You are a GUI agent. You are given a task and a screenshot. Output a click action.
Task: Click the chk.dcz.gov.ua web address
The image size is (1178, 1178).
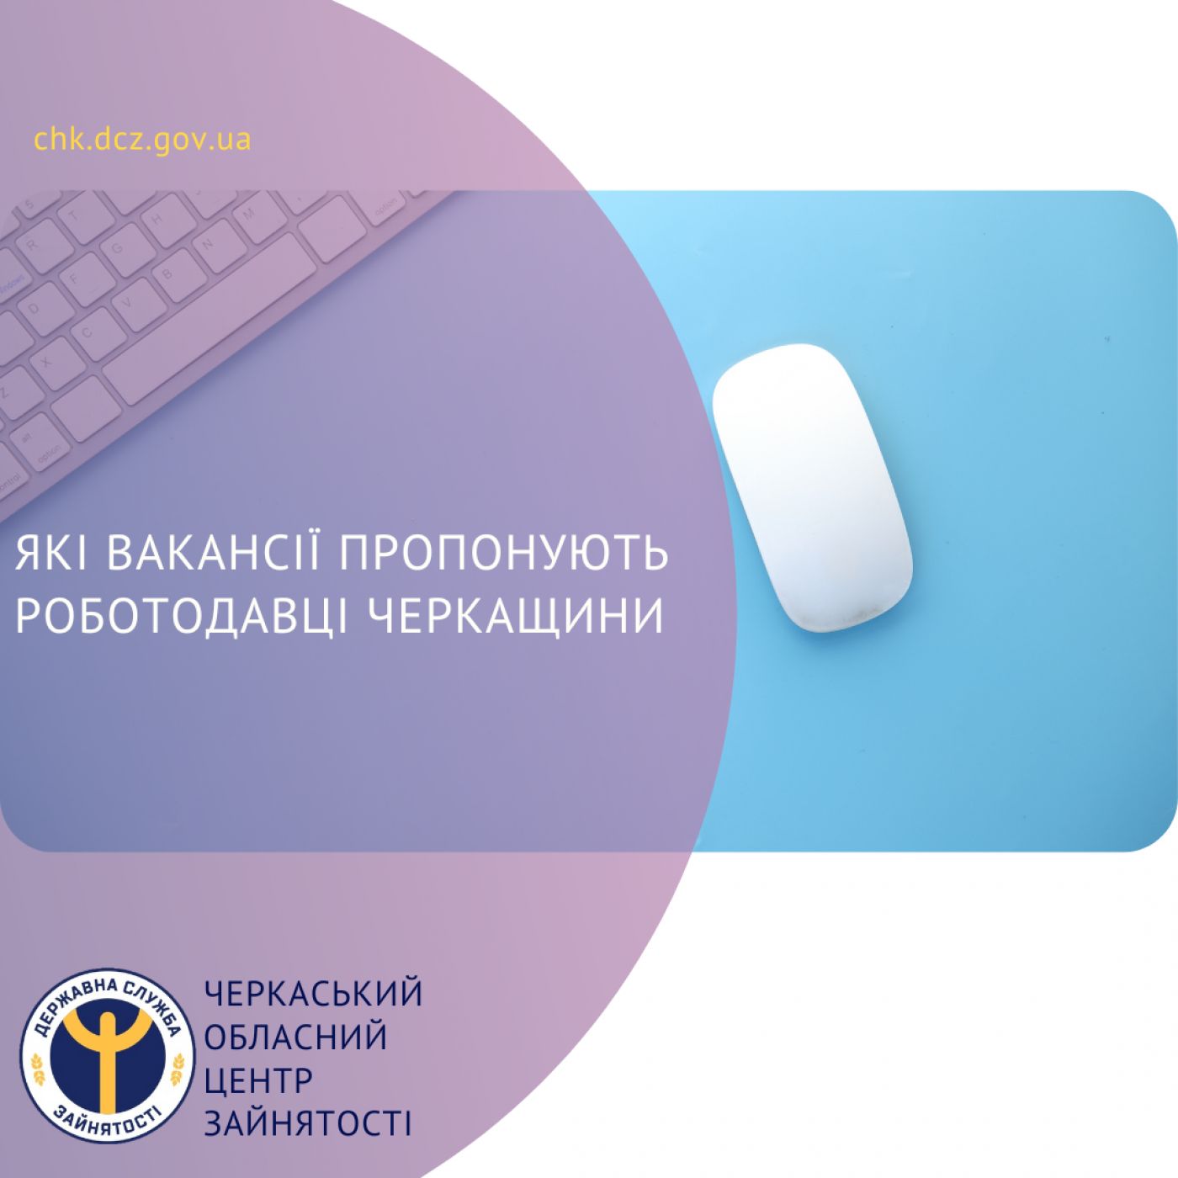(142, 139)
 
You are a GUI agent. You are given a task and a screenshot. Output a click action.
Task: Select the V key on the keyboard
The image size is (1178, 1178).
(129, 302)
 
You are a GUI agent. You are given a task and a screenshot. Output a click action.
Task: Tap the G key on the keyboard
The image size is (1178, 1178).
(118, 248)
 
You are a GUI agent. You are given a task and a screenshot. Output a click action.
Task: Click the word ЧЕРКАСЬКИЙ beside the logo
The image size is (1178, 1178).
(313, 994)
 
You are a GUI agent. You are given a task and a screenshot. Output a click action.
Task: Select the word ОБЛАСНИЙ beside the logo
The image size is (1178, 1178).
(295, 1037)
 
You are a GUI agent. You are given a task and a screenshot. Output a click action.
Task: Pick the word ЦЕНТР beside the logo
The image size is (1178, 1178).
(258, 1080)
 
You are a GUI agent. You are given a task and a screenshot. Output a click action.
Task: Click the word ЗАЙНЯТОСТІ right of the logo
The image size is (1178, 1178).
(308, 1124)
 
